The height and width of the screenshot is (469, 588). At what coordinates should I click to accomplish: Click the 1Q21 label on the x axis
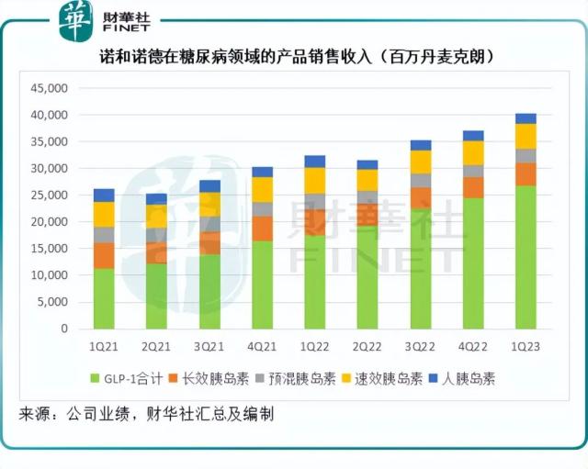click(104, 347)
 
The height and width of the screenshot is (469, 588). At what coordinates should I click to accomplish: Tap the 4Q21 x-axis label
click(262, 347)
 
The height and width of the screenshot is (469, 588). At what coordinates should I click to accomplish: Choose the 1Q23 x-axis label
click(525, 347)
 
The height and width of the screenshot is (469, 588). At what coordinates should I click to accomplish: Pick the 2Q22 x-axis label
click(367, 347)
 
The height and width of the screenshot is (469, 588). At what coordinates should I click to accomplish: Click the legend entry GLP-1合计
click(130, 378)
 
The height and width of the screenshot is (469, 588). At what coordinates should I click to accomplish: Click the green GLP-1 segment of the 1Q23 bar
click(525, 257)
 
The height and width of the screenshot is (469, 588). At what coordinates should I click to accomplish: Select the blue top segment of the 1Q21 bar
click(104, 195)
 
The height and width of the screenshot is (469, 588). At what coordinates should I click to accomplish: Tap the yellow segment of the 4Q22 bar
click(472, 152)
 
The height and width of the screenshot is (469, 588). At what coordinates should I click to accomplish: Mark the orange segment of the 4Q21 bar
click(262, 228)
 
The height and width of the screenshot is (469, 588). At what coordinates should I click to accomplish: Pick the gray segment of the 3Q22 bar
click(420, 180)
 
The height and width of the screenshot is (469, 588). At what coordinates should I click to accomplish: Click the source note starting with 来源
click(146, 414)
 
